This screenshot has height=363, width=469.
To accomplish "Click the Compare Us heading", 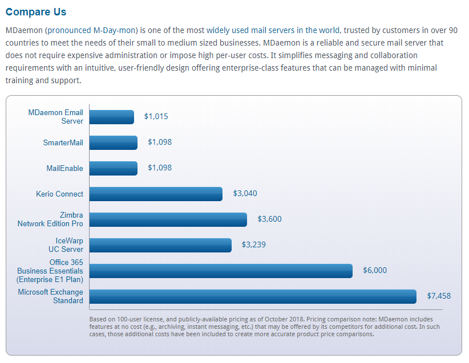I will [x=36, y=12].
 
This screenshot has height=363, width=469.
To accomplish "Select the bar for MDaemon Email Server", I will [x=112, y=117].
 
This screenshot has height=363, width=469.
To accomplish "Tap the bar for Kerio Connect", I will [x=156, y=194].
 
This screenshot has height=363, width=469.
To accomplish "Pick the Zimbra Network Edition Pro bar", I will [x=168, y=219].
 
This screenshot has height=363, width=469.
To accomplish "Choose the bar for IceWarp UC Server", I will [x=160, y=245].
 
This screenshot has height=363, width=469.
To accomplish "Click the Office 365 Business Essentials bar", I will [x=221, y=271].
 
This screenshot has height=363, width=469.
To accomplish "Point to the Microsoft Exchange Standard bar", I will [x=253, y=296].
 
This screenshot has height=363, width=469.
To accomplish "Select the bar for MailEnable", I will [x=114, y=168].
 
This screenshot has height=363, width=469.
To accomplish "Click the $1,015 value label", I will [x=156, y=117].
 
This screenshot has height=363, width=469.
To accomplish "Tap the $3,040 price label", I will [x=245, y=194].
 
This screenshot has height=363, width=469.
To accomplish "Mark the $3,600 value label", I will [x=269, y=219].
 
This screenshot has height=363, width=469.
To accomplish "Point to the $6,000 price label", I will [x=374, y=271].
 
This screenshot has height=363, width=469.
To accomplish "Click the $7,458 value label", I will [x=438, y=296].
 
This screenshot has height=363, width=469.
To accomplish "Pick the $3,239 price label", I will [x=253, y=245].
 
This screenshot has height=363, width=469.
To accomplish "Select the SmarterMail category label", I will [x=63, y=142].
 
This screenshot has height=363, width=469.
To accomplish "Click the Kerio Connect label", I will [x=59, y=194].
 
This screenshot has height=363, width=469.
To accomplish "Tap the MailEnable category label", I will [x=64, y=168].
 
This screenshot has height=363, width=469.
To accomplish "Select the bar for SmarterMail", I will [x=114, y=142].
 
